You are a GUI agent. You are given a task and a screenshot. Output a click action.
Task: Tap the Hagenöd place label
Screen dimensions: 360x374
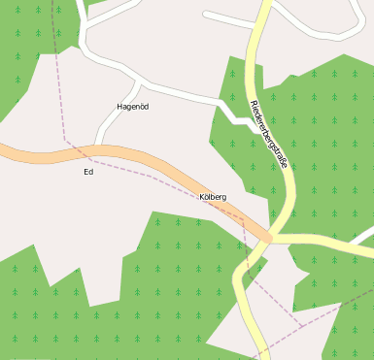tap(132, 106)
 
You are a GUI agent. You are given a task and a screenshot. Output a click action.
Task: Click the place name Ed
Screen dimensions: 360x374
tap(88, 173)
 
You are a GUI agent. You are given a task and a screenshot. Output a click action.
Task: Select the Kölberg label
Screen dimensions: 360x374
tap(213, 197)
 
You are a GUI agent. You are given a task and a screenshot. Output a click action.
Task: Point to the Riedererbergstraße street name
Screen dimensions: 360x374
tap(268, 135)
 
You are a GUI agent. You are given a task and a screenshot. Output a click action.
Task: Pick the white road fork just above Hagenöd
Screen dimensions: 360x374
tap(141, 80)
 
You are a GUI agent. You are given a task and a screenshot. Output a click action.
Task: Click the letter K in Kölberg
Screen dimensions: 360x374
tap(202, 197)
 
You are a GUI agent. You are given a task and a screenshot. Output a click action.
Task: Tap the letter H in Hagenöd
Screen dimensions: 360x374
tap(119, 106)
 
